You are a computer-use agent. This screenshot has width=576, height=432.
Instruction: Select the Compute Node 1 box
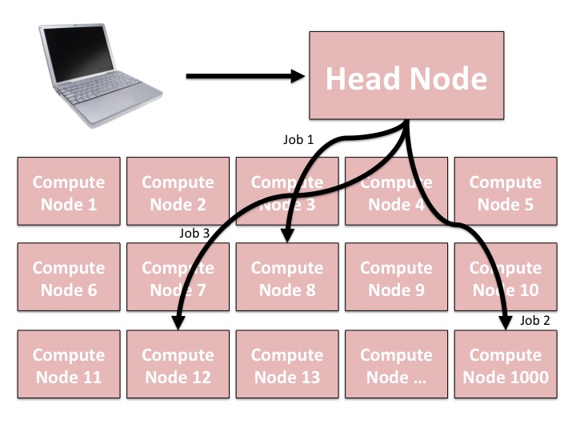point(68,193)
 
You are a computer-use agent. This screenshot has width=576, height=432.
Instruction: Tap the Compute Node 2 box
point(178,193)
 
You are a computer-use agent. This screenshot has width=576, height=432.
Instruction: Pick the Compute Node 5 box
point(505,193)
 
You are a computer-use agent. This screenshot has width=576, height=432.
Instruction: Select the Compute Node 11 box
point(68,366)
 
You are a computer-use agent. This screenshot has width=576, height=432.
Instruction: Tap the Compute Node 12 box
point(178,366)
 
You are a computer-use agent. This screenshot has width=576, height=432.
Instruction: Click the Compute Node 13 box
point(287,366)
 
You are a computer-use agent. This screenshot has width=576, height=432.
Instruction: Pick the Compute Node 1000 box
point(505,366)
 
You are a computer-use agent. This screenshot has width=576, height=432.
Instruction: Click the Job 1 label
point(298,139)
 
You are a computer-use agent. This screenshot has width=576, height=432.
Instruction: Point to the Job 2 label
point(535,320)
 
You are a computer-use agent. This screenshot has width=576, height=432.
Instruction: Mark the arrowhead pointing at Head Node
point(298,77)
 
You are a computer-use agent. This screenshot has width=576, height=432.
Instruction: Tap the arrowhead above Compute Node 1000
point(506,322)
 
